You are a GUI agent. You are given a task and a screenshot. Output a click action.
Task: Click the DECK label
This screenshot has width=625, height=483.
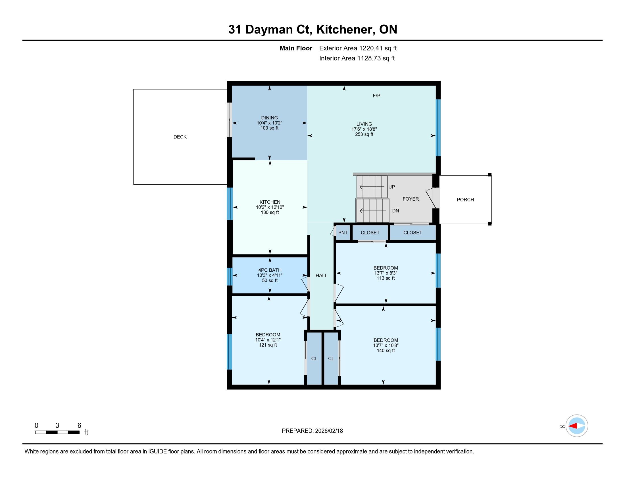(180, 137)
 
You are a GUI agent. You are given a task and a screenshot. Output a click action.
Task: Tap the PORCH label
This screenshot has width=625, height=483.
(465, 200)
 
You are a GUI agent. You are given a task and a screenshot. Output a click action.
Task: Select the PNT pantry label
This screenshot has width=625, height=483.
(343, 233)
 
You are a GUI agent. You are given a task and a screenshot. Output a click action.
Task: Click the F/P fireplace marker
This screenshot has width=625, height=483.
(377, 95)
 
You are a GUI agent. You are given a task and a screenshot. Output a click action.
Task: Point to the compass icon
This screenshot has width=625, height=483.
(577, 426)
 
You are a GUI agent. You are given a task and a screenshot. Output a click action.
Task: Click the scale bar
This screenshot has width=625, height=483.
(57, 432)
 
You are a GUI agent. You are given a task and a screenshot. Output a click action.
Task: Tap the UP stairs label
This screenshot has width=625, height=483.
(391, 187)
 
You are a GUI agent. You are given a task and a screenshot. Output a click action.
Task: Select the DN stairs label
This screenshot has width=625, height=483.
(395, 211)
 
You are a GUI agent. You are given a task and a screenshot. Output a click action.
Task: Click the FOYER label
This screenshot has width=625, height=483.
(411, 199)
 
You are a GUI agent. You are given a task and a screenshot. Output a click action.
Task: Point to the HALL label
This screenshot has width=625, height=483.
(321, 276)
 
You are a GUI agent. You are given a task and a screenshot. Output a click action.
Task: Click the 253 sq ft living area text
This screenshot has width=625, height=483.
(364, 134)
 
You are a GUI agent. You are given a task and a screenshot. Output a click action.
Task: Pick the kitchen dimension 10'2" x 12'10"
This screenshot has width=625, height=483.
(270, 207)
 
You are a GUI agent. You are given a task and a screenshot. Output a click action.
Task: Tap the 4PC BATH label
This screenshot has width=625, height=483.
(270, 270)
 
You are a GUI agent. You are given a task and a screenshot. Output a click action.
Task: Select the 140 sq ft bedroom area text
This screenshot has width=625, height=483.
(386, 351)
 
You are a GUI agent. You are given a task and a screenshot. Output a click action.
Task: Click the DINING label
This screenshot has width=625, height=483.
(269, 118)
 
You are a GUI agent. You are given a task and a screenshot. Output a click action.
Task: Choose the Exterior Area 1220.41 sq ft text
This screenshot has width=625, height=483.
(358, 48)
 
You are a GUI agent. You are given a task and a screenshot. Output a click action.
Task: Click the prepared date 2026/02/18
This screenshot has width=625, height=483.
(328, 431)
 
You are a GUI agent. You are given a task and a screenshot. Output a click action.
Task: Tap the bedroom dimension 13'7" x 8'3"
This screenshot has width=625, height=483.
(386, 273)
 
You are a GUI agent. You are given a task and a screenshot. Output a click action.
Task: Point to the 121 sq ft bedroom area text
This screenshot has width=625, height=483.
(268, 345)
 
